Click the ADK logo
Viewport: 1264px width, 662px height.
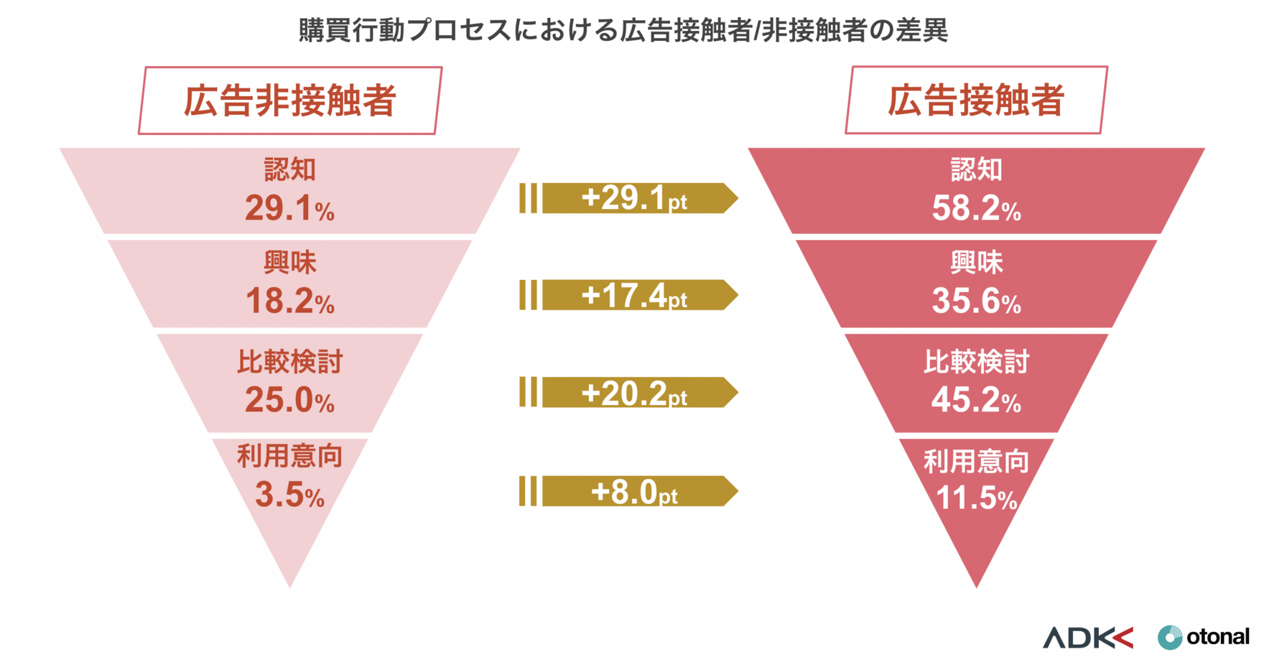1087,637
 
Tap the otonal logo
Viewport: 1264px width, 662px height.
1204,637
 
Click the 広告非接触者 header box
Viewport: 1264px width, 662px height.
290,101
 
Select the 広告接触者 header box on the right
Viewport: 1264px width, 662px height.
976,100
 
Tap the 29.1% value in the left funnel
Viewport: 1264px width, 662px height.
289,209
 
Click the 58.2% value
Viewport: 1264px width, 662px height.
976,209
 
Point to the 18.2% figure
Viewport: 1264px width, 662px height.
289,302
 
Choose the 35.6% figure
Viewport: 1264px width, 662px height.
976,302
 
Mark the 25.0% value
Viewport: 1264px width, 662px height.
289,401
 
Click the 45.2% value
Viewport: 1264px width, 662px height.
976,401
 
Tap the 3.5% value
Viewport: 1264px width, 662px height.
289,495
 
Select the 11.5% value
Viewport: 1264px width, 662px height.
976,498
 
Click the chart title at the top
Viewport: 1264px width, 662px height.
623,30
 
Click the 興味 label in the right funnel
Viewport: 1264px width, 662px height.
976,263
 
